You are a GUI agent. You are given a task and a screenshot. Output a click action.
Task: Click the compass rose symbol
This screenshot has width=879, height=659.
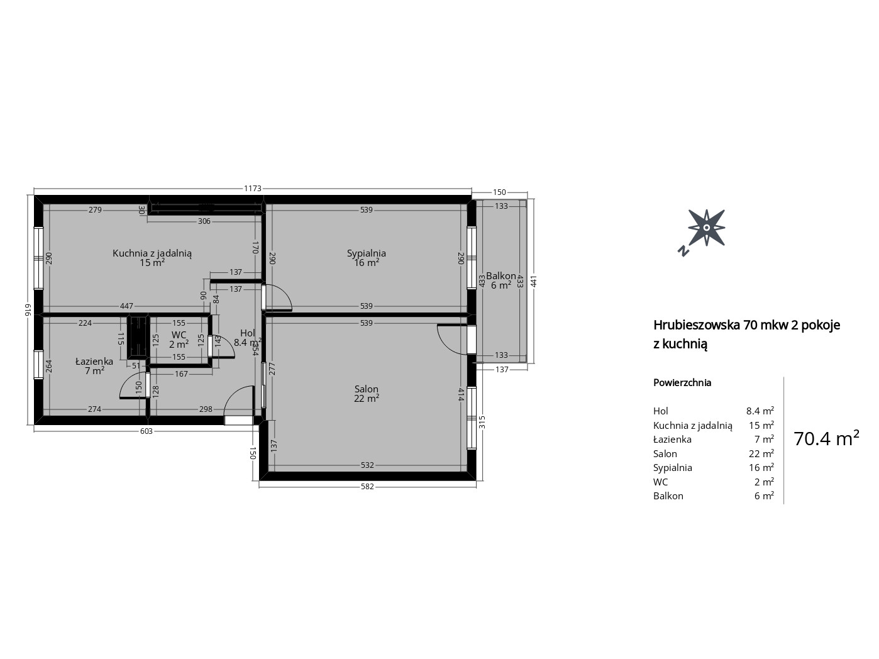(x=706, y=228)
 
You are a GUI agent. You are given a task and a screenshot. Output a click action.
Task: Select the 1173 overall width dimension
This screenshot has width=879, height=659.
(x=253, y=188)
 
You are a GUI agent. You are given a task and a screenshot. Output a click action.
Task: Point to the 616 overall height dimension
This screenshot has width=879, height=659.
(x=28, y=309)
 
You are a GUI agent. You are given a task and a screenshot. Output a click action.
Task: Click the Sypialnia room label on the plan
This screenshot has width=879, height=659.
(x=366, y=253)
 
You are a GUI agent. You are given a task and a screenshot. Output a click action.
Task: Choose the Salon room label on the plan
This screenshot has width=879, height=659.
(x=366, y=389)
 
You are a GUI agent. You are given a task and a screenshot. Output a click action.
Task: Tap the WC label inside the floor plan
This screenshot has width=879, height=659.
(x=179, y=335)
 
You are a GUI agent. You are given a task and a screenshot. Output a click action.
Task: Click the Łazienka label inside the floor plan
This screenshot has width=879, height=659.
(x=94, y=361)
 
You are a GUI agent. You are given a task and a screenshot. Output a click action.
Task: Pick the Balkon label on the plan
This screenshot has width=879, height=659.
(x=500, y=276)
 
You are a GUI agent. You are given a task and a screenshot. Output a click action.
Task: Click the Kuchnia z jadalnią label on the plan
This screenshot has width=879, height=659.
(x=152, y=253)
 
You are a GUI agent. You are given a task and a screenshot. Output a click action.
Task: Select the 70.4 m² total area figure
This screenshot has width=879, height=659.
(x=826, y=438)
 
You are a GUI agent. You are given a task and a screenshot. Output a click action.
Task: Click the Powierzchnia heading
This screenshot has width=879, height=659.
(x=682, y=383)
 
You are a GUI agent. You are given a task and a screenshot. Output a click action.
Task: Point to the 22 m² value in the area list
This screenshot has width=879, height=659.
(x=761, y=453)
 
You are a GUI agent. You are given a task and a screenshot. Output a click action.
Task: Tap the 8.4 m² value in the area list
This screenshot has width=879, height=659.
(x=760, y=411)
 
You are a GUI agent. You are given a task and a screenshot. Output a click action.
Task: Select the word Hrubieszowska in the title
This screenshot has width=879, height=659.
(x=697, y=324)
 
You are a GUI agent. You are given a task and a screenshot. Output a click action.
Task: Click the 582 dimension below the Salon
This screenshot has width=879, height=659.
(x=367, y=487)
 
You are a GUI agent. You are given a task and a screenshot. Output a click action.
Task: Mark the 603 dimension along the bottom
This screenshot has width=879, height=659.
(x=146, y=431)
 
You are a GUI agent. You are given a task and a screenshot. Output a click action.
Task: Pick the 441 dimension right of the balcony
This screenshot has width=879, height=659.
(x=533, y=282)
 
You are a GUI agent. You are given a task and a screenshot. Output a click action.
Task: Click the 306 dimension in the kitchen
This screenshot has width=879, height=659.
(x=204, y=221)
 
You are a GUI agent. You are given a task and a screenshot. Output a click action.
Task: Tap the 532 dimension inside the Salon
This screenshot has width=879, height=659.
(x=367, y=465)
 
